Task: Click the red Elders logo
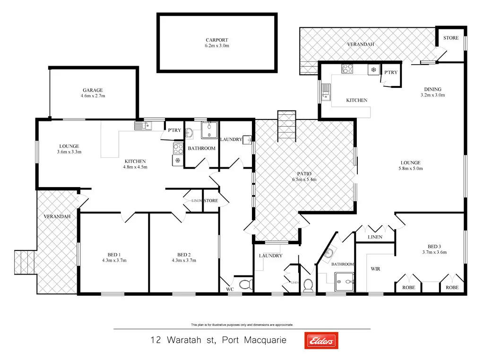(321, 340)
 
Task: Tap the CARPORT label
(216, 40)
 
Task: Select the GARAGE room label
(93, 90)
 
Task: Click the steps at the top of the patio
(286, 126)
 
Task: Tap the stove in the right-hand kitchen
(347, 69)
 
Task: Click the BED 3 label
(434, 246)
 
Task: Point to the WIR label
(375, 268)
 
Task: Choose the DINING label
(432, 89)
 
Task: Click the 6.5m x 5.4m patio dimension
(304, 180)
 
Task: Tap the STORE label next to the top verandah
(450, 38)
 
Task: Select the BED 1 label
(114, 254)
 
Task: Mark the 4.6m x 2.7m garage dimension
(93, 96)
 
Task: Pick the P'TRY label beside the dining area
(390, 72)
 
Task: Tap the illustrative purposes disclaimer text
(242, 325)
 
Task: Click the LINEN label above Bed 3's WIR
(375, 237)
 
